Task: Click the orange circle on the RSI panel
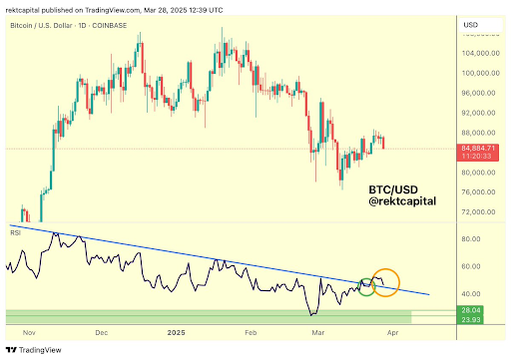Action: (385, 282)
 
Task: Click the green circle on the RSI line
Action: (366, 285)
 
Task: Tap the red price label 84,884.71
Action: (473, 150)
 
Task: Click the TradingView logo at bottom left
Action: (35, 349)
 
